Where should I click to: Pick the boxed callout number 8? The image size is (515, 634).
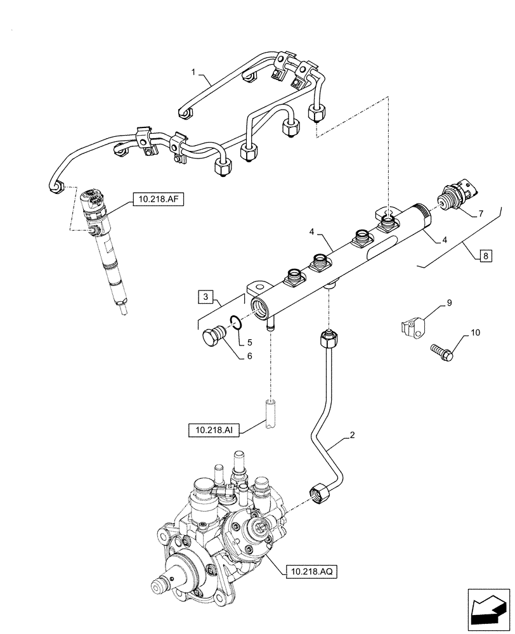pos(486,256)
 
